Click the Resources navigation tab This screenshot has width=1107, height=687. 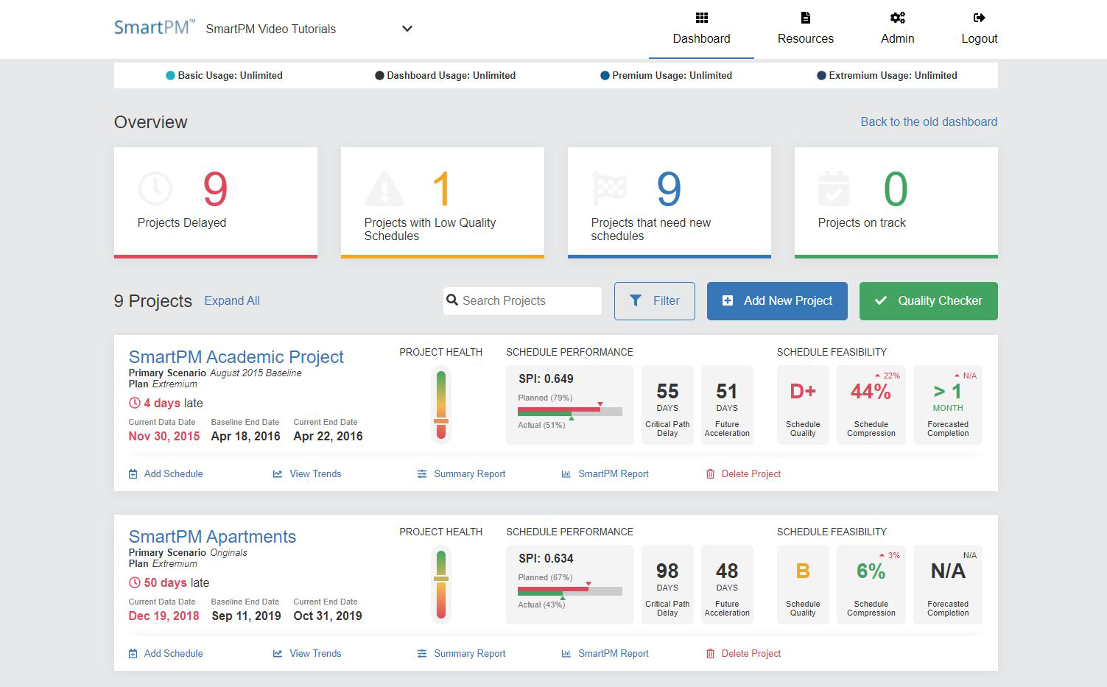click(x=805, y=29)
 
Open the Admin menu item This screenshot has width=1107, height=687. click(x=897, y=29)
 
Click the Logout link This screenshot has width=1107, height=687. click(x=979, y=29)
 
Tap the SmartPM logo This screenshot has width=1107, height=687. click(x=154, y=27)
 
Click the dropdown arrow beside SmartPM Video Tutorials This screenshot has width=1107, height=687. click(x=407, y=29)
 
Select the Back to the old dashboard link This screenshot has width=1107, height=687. click(x=928, y=122)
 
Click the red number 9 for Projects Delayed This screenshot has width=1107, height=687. click(x=215, y=189)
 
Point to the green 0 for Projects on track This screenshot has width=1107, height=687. click(x=895, y=189)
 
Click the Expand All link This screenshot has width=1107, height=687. click(x=232, y=301)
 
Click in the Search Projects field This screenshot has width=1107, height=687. click(x=523, y=301)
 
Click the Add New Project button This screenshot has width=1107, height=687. click(x=777, y=301)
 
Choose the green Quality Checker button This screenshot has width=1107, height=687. click(x=928, y=301)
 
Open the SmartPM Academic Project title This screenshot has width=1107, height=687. click(x=236, y=357)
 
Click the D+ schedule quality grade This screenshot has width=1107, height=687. click(x=802, y=392)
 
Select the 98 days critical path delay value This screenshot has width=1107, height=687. click(x=667, y=571)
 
